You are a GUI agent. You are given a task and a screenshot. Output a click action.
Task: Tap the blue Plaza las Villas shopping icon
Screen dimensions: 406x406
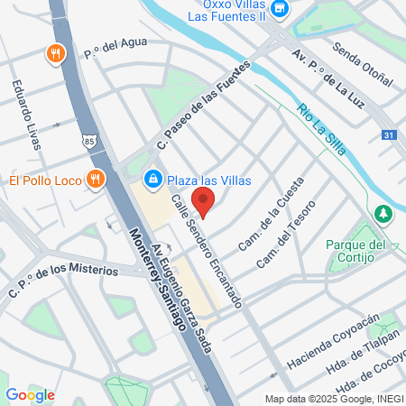[153, 179]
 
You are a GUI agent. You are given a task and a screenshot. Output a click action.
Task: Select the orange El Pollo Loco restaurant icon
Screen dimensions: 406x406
[94, 179]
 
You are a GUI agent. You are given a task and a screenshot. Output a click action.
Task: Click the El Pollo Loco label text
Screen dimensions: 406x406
[44, 180]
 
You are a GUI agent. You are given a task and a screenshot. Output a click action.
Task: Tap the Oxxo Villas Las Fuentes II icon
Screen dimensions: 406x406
[280, 10]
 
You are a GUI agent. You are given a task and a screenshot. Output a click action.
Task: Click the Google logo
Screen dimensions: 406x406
[30, 394]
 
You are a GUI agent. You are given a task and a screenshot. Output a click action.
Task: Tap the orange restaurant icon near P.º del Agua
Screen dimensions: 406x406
[56, 53]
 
